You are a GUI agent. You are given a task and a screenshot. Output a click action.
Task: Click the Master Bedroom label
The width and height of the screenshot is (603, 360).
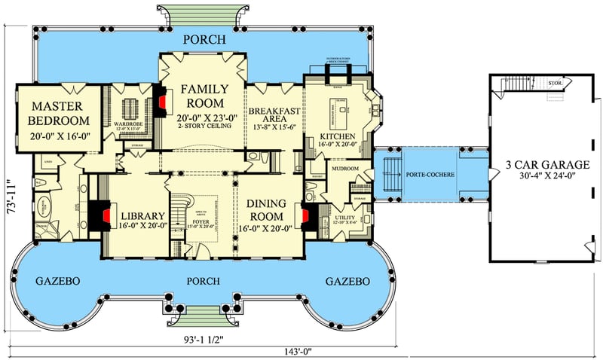point(59,113)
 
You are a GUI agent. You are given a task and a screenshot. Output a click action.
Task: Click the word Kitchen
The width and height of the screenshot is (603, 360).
point(336,136)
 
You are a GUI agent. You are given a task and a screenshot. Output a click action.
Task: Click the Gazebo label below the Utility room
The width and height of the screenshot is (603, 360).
point(347,281)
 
